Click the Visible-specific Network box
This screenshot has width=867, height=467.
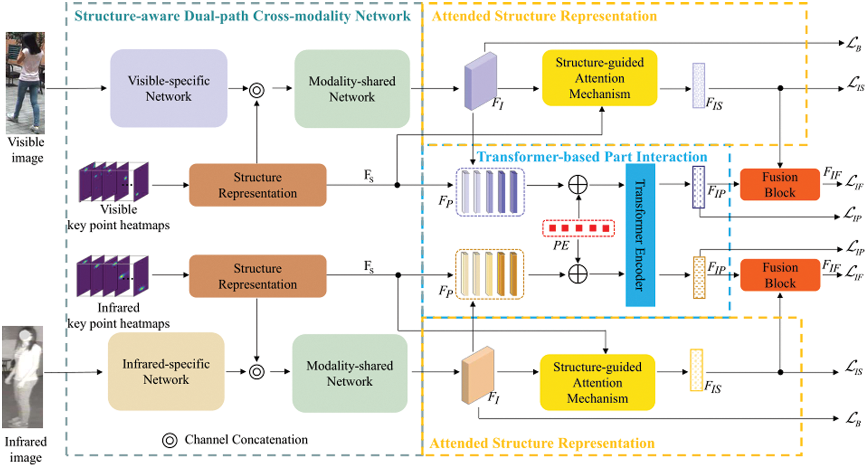168,88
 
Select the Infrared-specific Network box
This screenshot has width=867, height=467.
166,372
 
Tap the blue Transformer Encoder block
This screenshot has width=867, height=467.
640,235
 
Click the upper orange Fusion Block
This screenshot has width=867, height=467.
779,185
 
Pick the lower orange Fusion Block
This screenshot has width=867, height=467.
779,275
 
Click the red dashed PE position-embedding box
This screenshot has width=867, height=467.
578,228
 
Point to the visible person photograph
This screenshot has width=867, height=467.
25,83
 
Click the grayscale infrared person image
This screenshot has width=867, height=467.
23,377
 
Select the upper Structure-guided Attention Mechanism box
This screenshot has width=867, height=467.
599,78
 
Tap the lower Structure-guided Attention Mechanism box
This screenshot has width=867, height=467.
597,382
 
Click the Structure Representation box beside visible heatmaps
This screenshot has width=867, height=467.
257,185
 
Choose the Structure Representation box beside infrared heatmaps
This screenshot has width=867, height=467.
257,276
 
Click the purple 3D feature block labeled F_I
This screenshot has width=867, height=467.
480,81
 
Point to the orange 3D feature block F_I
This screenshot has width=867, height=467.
477,375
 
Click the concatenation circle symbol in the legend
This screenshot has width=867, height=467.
169,440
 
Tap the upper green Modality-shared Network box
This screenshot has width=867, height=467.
352,89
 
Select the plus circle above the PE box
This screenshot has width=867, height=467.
578,185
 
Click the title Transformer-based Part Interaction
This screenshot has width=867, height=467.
592,157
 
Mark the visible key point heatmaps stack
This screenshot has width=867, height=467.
114,182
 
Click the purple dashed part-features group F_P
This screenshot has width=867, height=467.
490,192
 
